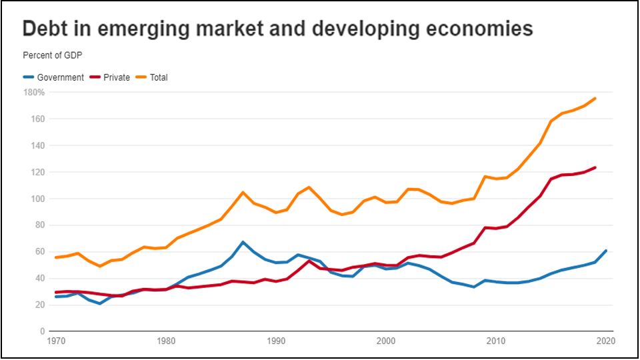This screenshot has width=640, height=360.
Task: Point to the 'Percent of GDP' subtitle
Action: [x=51, y=55]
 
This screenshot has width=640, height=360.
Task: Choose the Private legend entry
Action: [x=117, y=77]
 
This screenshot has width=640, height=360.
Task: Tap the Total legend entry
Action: [x=159, y=77]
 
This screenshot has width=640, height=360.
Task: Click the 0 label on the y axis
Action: [x=41, y=331]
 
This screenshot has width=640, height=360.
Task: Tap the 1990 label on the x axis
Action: [x=276, y=341]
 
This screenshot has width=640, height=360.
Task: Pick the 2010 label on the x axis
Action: [x=496, y=341]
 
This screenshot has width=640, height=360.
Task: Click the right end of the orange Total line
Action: [x=595, y=98]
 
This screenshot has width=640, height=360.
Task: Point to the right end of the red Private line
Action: [x=595, y=167]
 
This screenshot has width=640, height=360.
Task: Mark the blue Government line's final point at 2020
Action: [x=606, y=251]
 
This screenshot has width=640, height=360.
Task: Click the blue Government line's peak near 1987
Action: [x=243, y=242]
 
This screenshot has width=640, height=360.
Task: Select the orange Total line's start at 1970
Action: [x=55, y=257]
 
